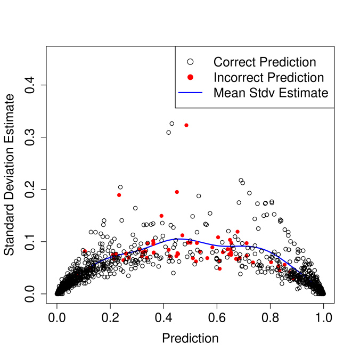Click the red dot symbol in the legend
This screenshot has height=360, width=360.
tap(191, 77)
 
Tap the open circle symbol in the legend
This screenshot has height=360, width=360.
tap(191, 62)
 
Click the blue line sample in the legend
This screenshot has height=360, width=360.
tap(191, 93)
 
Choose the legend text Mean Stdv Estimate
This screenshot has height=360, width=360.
tap(271, 93)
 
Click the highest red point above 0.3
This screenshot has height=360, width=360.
tap(186, 125)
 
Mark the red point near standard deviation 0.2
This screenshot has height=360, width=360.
tap(177, 192)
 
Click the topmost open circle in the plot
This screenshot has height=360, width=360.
tap(171, 124)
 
